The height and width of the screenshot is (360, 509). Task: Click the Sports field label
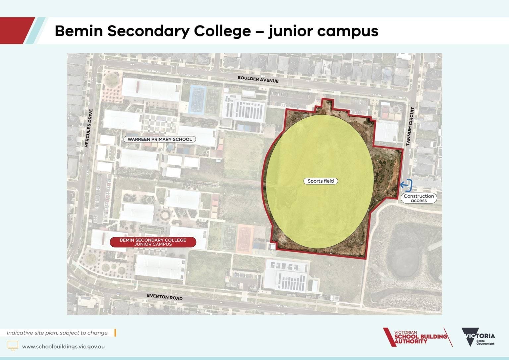pos(320,181)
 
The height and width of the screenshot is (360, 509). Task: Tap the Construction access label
pos(419,198)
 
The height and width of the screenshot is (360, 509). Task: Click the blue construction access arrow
pos(406,185)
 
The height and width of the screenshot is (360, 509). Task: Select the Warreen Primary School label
pos(160,139)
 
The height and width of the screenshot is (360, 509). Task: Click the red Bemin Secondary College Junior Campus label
pos(153,242)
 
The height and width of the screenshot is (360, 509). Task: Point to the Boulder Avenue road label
pos(258,80)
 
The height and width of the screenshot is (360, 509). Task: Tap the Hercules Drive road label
pos(88,128)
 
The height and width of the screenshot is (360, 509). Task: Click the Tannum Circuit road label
pos(410,126)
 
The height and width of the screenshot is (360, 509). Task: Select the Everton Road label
pos(165,297)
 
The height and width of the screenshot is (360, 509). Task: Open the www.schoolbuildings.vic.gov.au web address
pos(63,346)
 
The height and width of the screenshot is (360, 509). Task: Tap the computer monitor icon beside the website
pos(13,345)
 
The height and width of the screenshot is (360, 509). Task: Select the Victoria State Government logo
pos(478,337)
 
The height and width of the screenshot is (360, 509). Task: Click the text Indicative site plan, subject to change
pos(57,333)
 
